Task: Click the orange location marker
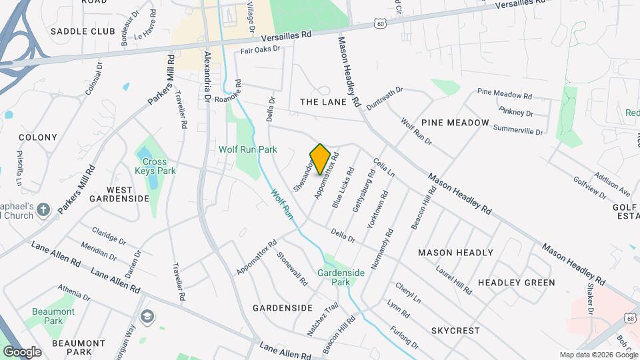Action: (321, 159)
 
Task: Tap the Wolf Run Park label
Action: (247, 149)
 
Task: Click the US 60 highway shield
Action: (380, 23)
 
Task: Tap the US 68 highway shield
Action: (630, 319)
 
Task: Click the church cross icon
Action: (44, 211)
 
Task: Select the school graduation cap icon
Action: (147, 316)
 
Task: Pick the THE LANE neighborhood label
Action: (323, 102)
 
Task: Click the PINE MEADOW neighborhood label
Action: (455, 123)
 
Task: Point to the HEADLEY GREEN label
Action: (525, 283)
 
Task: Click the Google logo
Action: (22, 351)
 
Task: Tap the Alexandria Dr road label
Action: (207, 77)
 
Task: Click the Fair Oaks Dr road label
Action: (260, 49)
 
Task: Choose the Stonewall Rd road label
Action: (293, 269)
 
